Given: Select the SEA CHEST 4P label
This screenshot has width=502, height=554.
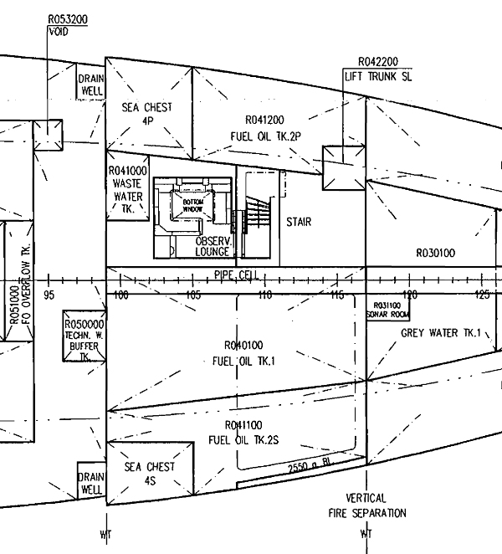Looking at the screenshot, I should pyautogui.click(x=147, y=113).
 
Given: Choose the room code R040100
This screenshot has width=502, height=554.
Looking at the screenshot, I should pyautogui.click(x=244, y=345).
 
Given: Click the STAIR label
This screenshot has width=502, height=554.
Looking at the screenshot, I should pyautogui.click(x=299, y=222).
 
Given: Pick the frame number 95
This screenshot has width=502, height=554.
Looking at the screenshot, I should pyautogui.click(x=49, y=295).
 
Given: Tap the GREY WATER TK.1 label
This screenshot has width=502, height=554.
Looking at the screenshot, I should pyautogui.click(x=441, y=332).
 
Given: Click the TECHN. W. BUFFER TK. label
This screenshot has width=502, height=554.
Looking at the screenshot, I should pyautogui.click(x=84, y=339).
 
